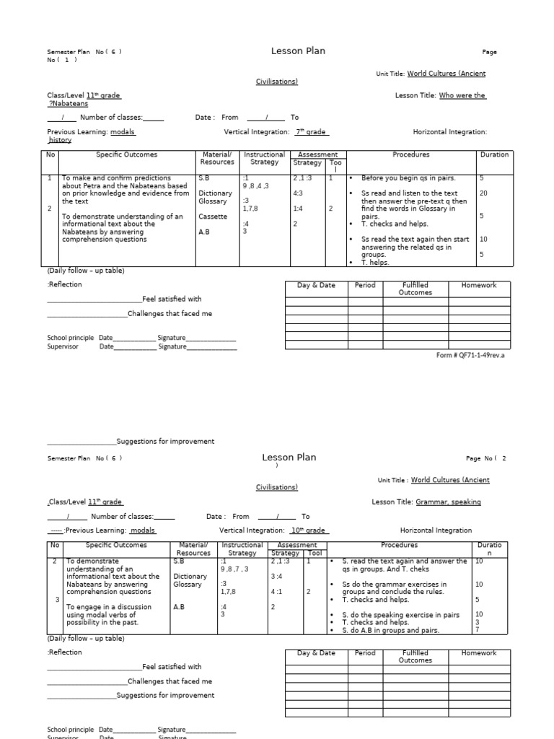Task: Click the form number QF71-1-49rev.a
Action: point(470,355)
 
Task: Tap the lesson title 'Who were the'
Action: point(462,95)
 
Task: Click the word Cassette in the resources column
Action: point(213,217)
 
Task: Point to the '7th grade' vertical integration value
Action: point(312,132)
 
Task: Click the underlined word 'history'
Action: point(60,141)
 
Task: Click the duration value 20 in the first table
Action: point(483,193)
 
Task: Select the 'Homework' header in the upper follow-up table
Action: point(479,285)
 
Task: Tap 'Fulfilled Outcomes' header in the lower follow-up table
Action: point(415,656)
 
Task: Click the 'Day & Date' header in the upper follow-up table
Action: point(316,285)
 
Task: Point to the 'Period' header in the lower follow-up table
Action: point(365,653)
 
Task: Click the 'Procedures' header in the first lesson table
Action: point(410,154)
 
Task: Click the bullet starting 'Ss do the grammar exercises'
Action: point(404,587)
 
